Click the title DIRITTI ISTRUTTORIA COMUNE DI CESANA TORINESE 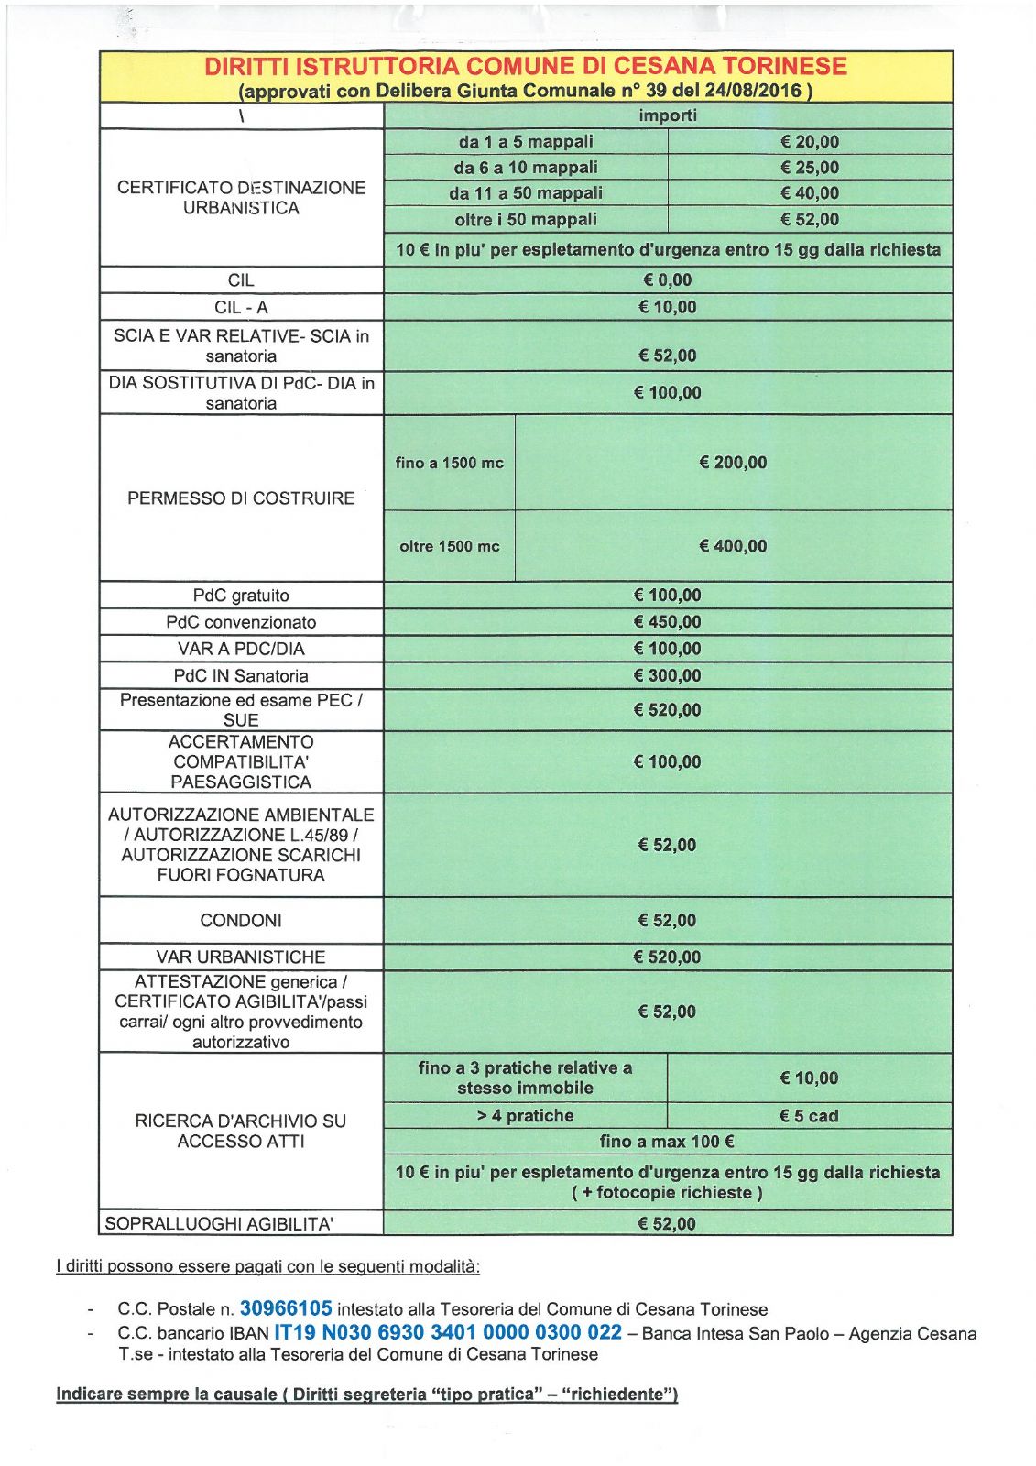[x=525, y=66]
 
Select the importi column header [x=668, y=115]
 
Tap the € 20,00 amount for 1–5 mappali [x=810, y=142]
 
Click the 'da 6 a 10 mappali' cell [x=526, y=168]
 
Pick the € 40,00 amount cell [x=810, y=193]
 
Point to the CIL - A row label [x=241, y=308]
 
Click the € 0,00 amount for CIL [x=668, y=280]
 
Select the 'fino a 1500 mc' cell [x=449, y=463]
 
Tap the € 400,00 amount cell [x=733, y=546]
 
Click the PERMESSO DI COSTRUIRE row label [x=241, y=498]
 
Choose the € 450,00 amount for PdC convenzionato [x=668, y=622]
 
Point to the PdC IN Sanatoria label [x=241, y=676]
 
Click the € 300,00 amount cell [x=668, y=676]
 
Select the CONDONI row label [x=241, y=921]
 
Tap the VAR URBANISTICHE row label [x=241, y=957]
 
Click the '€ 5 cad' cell [x=809, y=1116]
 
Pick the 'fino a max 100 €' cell [x=668, y=1142]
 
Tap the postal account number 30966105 [x=286, y=1308]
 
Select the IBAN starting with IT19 [x=448, y=1332]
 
